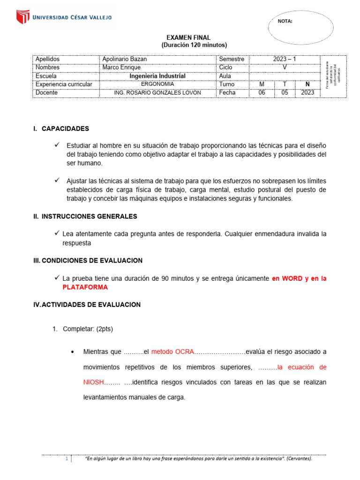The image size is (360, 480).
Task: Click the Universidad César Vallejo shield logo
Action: click(x=23, y=17)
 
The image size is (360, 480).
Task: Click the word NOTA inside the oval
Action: click(x=285, y=21)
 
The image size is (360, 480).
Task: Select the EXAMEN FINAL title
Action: click(x=189, y=37)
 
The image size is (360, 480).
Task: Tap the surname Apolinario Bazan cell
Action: click(x=124, y=59)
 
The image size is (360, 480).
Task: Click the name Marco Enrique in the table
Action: click(x=121, y=67)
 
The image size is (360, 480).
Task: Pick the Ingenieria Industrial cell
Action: click(x=157, y=76)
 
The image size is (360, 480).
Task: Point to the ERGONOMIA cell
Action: click(x=157, y=84)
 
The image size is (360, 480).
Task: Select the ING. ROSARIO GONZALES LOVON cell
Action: click(x=157, y=93)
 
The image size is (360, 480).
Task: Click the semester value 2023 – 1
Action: click(x=285, y=59)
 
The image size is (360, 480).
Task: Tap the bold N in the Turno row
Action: click(x=307, y=84)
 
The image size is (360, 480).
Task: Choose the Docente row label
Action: click(x=46, y=93)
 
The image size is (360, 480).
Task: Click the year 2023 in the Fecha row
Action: click(x=307, y=93)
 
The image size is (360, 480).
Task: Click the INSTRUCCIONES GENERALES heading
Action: click(x=89, y=217)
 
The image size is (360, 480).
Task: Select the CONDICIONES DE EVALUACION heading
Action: click(x=92, y=261)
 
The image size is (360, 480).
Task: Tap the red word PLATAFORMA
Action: click(x=85, y=287)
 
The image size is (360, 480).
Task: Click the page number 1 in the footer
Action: click(x=67, y=458)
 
